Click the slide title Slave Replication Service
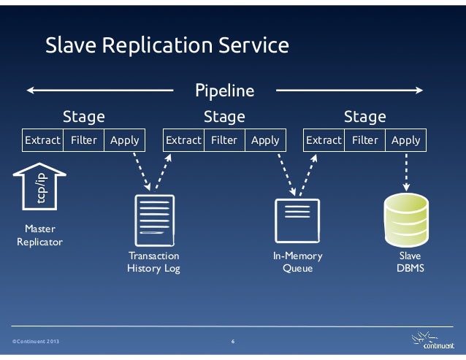167,46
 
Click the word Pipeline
225,91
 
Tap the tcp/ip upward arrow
39,186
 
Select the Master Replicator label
39,235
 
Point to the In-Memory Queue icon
296,218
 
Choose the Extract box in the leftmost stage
42,140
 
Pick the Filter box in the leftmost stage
84,140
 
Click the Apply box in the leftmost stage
124,140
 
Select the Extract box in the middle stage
183,140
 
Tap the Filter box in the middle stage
224,140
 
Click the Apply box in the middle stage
265,140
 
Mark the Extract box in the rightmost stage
324,140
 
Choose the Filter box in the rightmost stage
364,140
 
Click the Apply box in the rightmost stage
406,140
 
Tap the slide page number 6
232,342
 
